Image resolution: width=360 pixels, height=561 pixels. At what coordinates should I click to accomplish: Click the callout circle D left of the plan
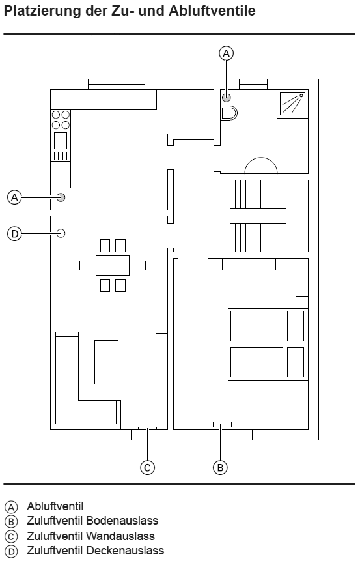point(15,234)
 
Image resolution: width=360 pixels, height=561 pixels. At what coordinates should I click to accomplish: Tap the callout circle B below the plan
point(220,467)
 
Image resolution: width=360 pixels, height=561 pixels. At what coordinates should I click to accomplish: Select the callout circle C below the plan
point(147,467)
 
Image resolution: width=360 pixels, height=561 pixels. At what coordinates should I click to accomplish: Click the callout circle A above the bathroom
point(226,53)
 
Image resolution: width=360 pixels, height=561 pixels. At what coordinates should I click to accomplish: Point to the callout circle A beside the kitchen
point(15,197)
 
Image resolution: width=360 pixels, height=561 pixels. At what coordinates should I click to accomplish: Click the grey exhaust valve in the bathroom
point(227,97)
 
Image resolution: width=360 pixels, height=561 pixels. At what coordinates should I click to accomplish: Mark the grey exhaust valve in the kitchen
point(61,197)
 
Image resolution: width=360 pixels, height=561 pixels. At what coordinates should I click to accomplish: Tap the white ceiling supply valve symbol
point(61,233)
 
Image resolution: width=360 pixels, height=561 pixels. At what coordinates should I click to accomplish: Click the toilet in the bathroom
point(228,113)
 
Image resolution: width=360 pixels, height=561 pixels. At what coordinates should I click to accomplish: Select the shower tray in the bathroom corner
point(292,104)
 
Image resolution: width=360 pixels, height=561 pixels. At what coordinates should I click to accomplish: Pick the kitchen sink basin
point(61,141)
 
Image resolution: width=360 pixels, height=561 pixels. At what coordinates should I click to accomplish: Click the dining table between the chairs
point(113,265)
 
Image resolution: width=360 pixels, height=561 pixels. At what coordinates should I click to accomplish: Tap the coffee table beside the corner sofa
point(106,362)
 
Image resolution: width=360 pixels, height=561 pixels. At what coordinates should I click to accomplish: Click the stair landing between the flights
point(258,216)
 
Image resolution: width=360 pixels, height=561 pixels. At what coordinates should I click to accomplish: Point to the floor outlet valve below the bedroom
point(222,424)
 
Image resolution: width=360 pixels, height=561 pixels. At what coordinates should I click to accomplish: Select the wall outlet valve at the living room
point(147,428)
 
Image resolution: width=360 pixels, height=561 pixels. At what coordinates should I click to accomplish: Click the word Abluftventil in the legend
point(55,506)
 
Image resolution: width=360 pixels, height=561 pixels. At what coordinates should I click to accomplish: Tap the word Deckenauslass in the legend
point(125,550)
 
